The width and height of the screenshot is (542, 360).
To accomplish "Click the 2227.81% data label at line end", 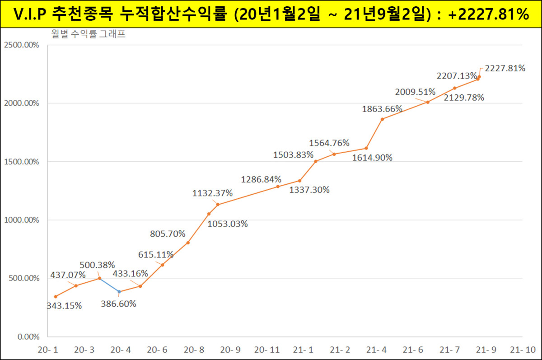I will (505, 68).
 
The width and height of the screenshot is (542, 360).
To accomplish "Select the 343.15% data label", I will (64, 306).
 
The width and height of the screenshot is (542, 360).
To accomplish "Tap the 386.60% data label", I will (118, 304).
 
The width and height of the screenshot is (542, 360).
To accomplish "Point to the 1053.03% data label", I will (227, 224).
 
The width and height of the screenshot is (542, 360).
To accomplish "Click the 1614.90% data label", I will (372, 158).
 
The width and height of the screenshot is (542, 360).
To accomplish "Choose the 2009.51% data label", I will (415, 92).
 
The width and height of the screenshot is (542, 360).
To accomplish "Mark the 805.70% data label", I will (168, 234).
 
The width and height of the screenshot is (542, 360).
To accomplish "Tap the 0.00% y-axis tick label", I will (28, 337).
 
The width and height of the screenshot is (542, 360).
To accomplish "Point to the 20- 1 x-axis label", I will (48, 350).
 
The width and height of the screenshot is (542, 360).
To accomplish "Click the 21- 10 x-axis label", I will (522, 350).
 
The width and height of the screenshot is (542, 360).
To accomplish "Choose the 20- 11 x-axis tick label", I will (267, 350).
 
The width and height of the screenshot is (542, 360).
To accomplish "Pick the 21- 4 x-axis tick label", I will (376, 350).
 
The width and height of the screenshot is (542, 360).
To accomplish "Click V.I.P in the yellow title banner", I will (29, 14).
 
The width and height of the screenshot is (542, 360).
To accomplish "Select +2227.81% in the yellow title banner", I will (489, 14).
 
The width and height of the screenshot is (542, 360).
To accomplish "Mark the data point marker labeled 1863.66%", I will (382, 119).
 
